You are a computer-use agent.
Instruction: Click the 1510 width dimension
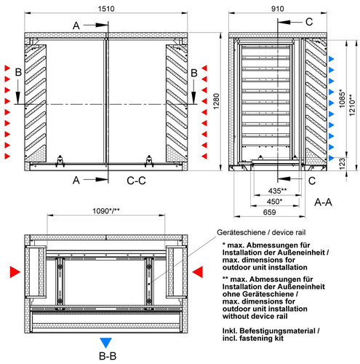point(106,9)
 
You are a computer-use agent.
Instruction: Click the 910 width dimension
point(277,9)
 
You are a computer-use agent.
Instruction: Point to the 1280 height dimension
point(216,101)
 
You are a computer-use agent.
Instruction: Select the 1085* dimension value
point(342,98)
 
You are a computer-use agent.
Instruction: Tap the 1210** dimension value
point(352,105)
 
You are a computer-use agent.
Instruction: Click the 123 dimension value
point(342,164)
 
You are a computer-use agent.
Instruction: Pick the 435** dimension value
point(277,191)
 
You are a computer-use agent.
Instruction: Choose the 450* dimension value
point(274,202)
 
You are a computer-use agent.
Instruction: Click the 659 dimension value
point(269,212)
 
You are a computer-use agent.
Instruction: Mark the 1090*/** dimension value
point(106,211)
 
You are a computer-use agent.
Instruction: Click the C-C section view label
point(136,181)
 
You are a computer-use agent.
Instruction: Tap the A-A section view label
point(323,202)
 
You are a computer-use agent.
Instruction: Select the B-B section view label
point(108,356)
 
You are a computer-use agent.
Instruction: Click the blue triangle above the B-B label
point(106,343)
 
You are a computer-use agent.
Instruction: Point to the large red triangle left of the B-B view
point(15,272)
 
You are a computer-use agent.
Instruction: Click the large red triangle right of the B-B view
point(198,272)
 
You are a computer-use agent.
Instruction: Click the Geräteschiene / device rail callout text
point(261,232)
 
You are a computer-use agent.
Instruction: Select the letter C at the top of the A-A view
point(309,22)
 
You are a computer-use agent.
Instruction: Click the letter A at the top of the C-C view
point(76,25)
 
